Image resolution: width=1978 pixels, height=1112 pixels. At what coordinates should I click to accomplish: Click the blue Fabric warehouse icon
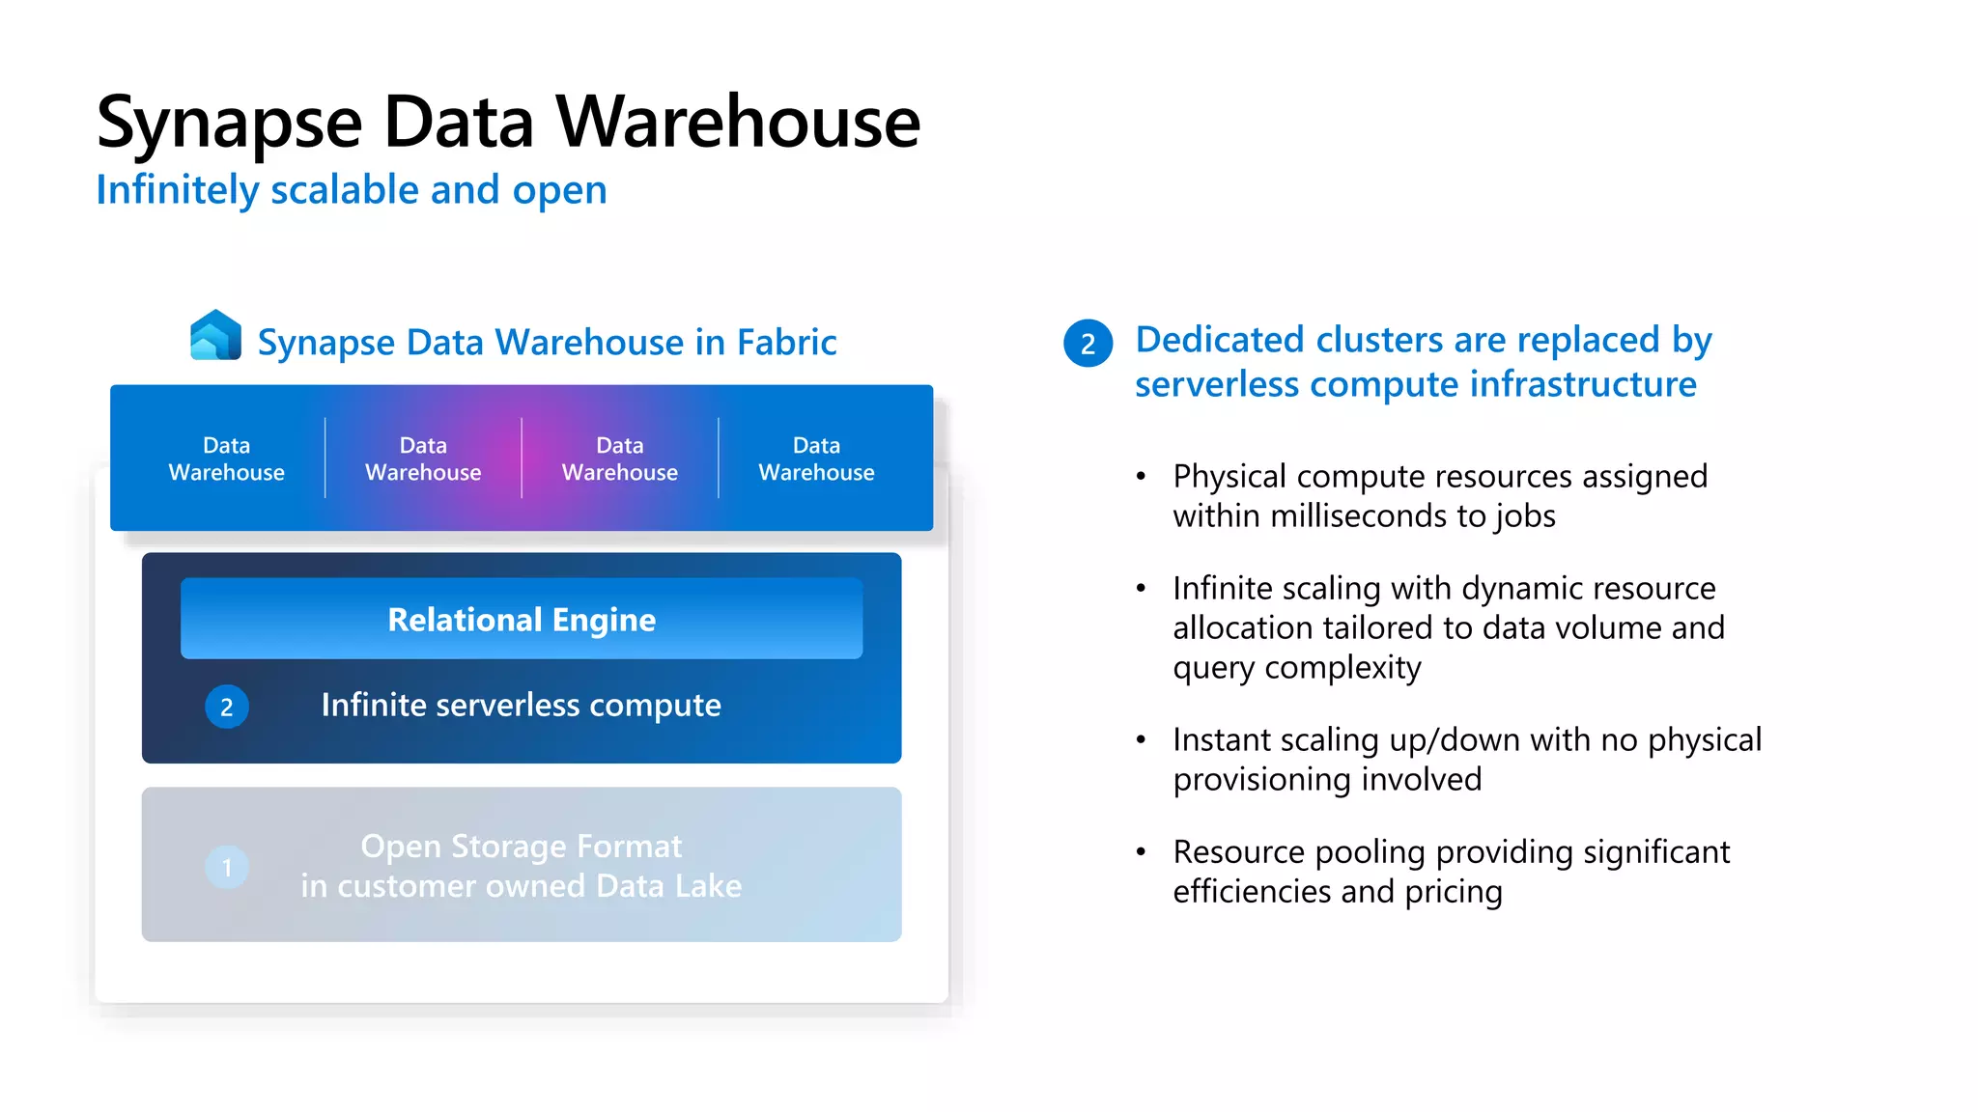point(215,335)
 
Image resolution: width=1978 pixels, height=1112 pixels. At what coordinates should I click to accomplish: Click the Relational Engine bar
point(522,619)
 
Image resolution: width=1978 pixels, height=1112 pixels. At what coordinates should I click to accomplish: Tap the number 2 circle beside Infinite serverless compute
point(227,707)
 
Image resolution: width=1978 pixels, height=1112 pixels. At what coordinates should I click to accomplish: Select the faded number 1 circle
point(227,867)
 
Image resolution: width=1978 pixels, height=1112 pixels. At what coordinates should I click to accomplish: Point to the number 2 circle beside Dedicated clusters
point(1088,344)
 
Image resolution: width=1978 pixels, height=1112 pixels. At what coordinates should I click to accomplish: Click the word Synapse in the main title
point(230,124)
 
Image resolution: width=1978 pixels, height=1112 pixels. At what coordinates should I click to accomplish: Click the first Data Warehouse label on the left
point(227,459)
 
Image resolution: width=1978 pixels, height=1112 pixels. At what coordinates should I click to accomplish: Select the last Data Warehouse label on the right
point(816,459)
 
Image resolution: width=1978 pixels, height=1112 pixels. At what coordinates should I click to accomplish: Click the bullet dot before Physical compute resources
point(1141,476)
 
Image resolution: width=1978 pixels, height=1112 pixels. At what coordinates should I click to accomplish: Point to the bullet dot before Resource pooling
point(1141,851)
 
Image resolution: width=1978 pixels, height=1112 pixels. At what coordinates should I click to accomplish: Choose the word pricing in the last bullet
point(1454,892)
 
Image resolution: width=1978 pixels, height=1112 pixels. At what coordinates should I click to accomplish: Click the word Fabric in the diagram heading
point(786,343)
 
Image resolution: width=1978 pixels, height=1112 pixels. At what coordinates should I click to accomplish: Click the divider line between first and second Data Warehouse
point(325,459)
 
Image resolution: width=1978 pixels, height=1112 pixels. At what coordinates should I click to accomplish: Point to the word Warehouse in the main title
point(738,124)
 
